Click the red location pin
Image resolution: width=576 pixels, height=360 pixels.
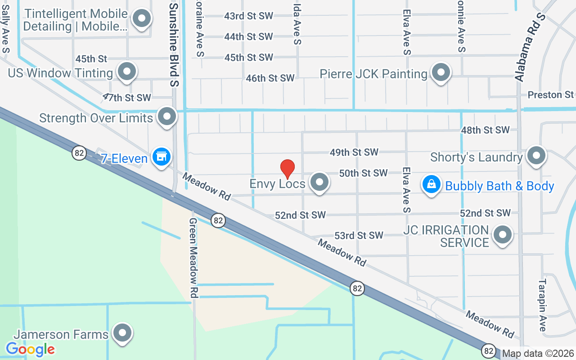(288, 169)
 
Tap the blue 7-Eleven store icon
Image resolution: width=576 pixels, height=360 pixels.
(161, 157)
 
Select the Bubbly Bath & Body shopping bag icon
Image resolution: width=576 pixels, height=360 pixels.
(432, 184)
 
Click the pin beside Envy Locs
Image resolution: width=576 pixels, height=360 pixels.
(320, 182)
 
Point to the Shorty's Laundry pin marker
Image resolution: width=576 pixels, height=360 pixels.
(536, 156)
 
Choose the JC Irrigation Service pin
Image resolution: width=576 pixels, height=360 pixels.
(503, 234)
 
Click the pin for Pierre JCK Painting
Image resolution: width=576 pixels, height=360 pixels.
(441, 72)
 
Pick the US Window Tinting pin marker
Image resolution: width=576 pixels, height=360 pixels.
(127, 72)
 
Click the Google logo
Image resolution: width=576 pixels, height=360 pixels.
(30, 349)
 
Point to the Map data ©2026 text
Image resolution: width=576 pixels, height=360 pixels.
(538, 353)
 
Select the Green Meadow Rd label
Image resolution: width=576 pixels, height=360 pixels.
(193, 258)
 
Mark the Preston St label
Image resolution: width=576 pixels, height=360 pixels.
(550, 95)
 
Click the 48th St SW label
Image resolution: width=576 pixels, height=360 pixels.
(485, 130)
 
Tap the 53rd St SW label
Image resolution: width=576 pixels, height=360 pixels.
(359, 235)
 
